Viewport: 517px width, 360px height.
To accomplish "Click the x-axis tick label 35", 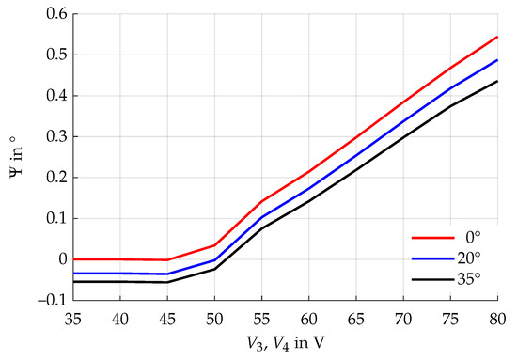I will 75,320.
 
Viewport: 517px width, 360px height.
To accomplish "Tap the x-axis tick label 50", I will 215,320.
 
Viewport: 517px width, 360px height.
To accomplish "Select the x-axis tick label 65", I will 356,320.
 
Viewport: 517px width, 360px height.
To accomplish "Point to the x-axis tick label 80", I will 496,320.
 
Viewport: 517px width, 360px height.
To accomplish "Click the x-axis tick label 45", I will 168,320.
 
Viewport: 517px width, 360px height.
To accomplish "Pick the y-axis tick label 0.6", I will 55,14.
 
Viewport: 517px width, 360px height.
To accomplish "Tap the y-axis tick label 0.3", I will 55,136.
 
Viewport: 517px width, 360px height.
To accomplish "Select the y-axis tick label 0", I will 61,259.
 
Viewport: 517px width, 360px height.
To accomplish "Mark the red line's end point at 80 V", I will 497,37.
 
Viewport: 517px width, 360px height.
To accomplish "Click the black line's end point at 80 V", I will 497,81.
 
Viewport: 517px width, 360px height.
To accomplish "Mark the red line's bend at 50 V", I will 215,245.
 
